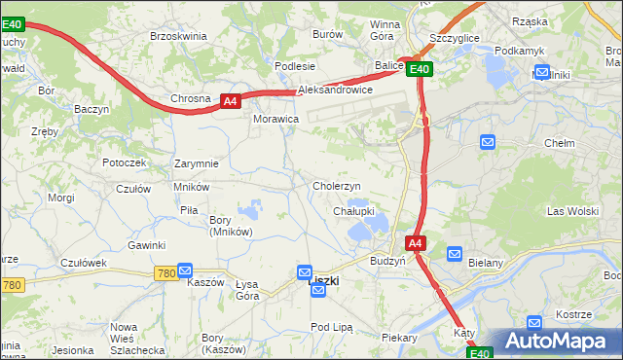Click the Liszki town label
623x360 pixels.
coord(324,281)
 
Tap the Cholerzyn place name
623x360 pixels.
coord(337,186)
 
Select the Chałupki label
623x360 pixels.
coord(353,211)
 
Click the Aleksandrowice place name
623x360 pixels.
coord(336,90)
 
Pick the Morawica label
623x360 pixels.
coord(275,119)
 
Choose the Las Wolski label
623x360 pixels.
coord(572,211)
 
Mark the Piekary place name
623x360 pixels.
coord(399,339)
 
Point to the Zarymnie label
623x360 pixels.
coord(196,163)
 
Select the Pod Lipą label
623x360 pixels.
coord(331,327)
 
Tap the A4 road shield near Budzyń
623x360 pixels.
coord(415,243)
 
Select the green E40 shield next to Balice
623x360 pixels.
coord(420,69)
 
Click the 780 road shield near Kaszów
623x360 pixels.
coord(165,274)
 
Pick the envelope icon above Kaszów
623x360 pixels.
coord(185,271)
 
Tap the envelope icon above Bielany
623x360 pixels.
coord(454,254)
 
